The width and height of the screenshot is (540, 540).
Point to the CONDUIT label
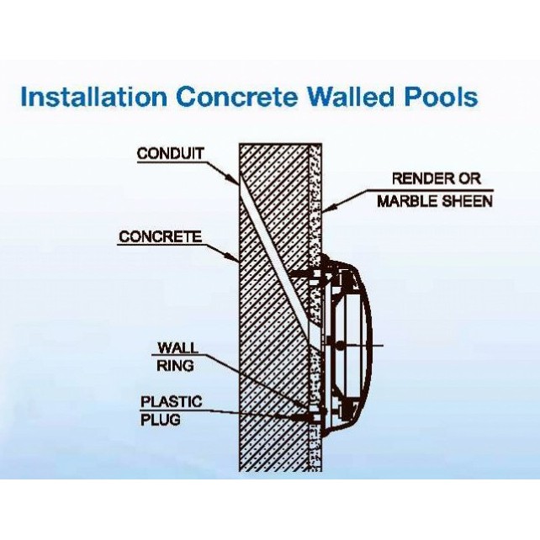point(171,153)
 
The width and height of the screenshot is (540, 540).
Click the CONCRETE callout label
point(160,236)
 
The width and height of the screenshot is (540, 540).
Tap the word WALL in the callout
point(177,347)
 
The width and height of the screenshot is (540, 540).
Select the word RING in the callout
point(176,365)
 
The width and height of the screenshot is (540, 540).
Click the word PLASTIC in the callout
point(171,402)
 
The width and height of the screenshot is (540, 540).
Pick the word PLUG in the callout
point(160,419)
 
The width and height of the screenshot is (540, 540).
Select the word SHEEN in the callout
point(469,201)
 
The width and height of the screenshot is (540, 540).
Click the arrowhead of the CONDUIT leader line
point(238,183)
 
